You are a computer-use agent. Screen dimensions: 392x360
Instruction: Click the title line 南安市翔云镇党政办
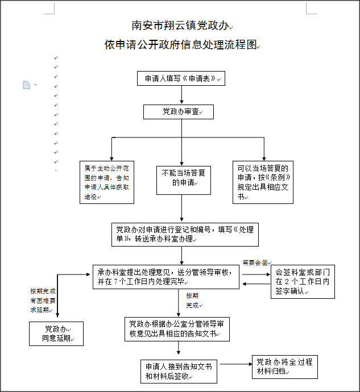180,26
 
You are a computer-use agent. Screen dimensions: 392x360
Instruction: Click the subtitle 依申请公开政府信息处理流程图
181,45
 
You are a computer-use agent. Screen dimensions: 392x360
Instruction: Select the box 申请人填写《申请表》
181,78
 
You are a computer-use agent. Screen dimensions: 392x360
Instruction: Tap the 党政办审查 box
178,111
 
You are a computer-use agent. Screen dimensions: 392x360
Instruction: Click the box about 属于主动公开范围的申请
106,182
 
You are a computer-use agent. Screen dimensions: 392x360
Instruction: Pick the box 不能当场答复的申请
180,178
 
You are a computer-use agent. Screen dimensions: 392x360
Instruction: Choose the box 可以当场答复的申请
263,182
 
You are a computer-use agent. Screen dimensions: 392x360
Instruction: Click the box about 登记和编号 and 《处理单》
185,235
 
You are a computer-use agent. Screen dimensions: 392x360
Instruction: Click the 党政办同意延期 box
56,333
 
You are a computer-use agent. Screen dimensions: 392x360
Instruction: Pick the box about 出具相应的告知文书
177,328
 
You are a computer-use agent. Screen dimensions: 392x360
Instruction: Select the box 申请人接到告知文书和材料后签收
179,371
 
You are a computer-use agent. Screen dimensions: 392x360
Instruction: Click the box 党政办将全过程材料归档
285,366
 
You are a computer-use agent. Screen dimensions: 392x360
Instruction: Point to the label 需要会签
255,262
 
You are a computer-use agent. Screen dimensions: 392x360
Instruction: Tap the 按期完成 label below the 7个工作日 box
192,301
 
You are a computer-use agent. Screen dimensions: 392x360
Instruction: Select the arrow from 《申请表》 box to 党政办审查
181,95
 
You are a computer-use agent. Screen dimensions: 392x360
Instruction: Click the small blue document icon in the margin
26,85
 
